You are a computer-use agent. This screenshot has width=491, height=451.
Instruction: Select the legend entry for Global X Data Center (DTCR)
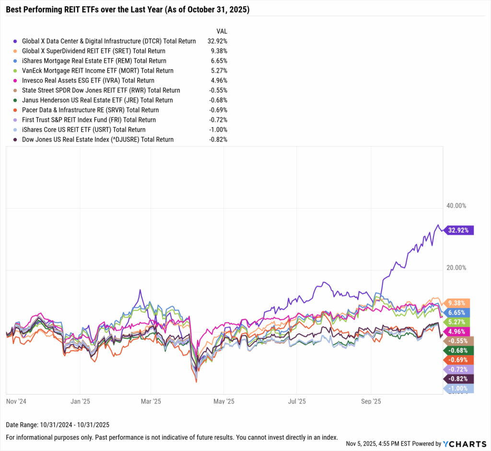click(109, 41)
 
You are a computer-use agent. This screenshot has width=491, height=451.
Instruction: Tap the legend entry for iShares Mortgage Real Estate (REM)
click(94, 61)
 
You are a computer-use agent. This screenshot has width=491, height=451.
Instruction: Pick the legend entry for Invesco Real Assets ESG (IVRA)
click(88, 81)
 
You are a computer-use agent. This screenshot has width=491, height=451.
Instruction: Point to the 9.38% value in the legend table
click(218, 51)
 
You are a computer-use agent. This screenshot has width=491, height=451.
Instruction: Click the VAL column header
click(222, 31)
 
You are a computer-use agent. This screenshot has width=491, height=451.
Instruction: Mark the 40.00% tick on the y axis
click(456, 206)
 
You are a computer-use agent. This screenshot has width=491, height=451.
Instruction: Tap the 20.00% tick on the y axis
click(456, 268)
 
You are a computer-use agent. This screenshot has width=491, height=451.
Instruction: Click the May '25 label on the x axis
click(223, 401)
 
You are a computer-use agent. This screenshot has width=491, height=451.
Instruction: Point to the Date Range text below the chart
click(58, 425)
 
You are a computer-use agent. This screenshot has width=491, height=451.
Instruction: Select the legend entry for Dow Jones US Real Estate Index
click(98, 139)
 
